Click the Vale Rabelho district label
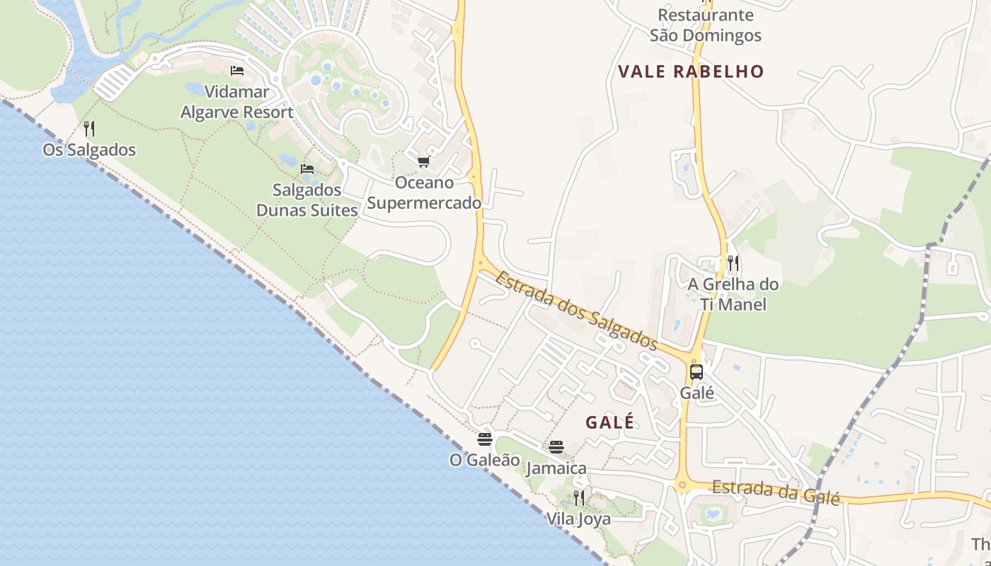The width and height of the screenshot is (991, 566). [x=691, y=71]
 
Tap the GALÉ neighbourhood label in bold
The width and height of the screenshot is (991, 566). [x=610, y=422]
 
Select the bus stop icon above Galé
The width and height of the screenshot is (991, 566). [x=697, y=372]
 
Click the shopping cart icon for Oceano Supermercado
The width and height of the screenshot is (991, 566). [x=423, y=162]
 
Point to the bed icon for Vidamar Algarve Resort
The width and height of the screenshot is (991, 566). [x=237, y=71]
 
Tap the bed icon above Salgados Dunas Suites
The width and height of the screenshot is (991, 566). [x=307, y=169]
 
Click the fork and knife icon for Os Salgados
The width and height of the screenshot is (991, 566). [x=89, y=129]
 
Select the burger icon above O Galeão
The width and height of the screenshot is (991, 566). [x=485, y=439]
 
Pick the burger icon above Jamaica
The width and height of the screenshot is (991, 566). [x=556, y=447]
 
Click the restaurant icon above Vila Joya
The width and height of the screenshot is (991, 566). [x=579, y=497]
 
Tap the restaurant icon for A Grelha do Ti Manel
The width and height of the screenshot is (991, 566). [x=733, y=263]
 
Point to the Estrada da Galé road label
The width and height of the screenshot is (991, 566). [x=776, y=491]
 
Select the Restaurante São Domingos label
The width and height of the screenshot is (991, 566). [x=705, y=25]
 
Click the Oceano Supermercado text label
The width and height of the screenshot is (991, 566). [x=424, y=193]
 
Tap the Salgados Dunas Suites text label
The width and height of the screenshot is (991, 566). [x=307, y=200]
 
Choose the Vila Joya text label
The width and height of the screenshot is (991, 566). [x=578, y=519]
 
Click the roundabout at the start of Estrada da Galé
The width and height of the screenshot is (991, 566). [x=682, y=485]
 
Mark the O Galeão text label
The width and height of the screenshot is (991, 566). [x=485, y=460]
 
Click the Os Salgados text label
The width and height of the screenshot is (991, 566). [x=89, y=150]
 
